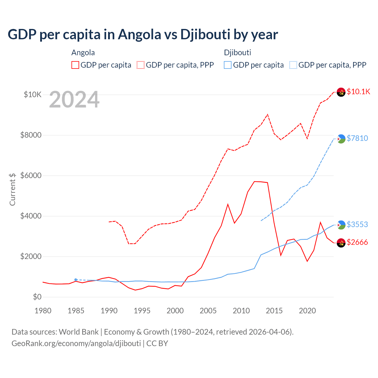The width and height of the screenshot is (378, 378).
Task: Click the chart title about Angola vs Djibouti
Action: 143,34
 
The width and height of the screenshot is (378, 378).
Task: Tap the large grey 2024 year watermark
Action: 74,100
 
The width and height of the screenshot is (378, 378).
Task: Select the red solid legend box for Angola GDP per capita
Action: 75,65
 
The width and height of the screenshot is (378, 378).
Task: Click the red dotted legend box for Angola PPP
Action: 141,65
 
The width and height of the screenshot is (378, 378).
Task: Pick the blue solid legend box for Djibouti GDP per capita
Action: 228,65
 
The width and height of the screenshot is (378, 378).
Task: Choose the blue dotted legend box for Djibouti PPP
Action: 293,65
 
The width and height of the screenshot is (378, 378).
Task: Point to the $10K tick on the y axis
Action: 32,94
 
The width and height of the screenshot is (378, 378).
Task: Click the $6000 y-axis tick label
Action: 31,175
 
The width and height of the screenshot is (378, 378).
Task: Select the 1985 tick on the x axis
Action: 76,311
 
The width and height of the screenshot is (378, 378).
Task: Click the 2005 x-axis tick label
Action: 208,311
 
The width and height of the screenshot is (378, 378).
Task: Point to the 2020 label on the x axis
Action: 307,311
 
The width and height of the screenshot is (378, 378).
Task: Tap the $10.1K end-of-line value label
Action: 358,92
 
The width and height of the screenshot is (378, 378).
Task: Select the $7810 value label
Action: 357,138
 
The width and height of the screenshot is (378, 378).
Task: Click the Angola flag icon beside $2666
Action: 341,243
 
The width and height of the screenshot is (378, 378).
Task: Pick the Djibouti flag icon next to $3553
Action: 341,225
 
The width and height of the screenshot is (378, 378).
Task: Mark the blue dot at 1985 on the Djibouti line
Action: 76,280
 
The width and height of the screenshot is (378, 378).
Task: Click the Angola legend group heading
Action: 83,53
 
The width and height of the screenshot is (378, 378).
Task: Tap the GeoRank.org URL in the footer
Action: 76,343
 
